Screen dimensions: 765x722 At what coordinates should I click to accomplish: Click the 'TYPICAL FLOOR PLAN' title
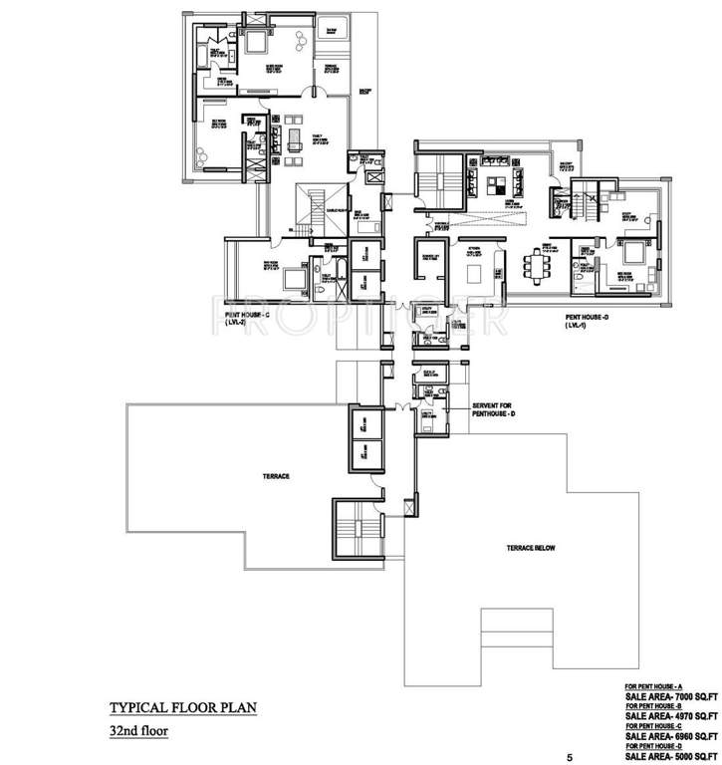[x=183, y=708]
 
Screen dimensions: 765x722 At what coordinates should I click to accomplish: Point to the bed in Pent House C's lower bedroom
[x=292, y=275]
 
